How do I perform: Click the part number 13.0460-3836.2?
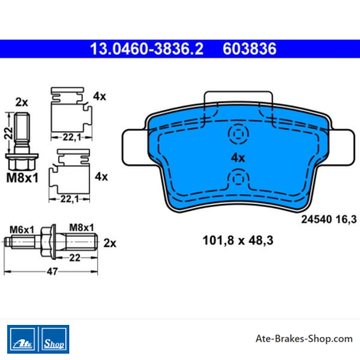point(147,49)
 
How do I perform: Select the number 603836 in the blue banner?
point(249,49)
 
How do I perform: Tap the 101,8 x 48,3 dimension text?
point(238,241)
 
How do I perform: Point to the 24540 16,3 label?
point(329,219)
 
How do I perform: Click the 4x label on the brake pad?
point(238,158)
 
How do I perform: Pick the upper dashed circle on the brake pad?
point(238,134)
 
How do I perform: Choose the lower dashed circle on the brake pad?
point(238,179)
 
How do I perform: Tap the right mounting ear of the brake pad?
point(342,147)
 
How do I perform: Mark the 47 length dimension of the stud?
point(52,272)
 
